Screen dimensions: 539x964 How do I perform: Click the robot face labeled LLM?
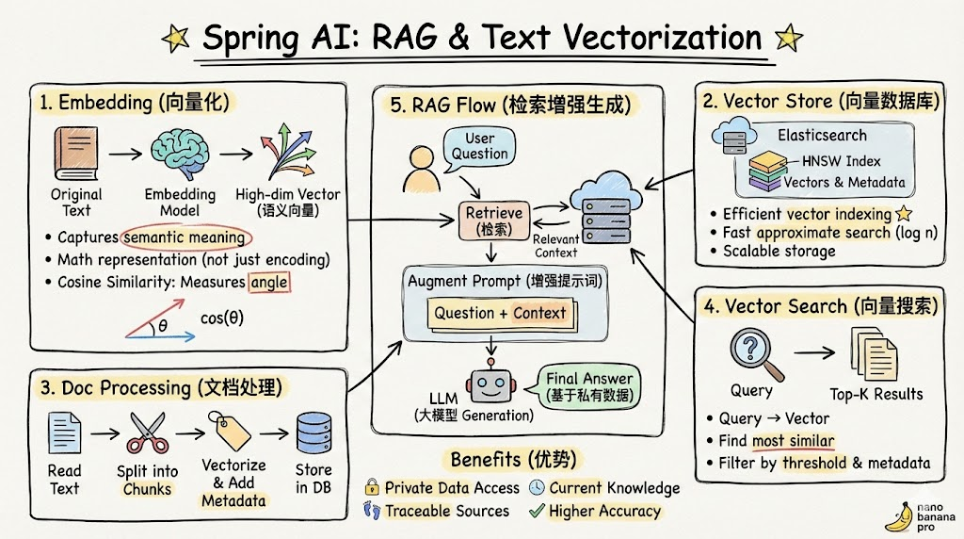click(490, 385)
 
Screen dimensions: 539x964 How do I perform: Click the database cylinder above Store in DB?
click(313, 434)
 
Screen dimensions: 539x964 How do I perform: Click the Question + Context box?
click(500, 313)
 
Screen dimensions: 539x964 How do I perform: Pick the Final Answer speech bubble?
click(589, 384)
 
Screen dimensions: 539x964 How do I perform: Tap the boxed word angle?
click(269, 281)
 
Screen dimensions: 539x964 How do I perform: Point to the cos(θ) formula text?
click(222, 318)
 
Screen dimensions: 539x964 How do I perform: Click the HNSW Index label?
click(842, 161)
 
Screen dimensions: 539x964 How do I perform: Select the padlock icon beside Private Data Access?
click(373, 487)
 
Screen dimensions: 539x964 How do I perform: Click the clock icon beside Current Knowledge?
click(536, 487)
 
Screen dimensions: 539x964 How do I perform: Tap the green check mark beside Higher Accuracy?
click(538, 511)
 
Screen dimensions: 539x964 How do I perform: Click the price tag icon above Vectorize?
click(232, 433)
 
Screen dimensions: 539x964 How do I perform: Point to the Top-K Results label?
click(876, 393)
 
